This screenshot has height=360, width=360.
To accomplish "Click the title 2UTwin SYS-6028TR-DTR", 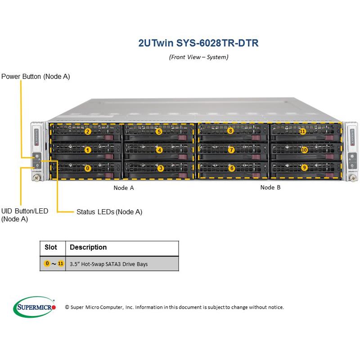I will pos(198,44).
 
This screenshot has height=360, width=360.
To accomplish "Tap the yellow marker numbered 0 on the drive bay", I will pos(88,168).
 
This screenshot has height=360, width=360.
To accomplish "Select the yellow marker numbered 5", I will pos(159,132).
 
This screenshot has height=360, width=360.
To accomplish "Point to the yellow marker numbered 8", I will pos(230,131).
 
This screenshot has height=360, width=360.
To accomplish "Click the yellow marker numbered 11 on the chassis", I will pos(302,131).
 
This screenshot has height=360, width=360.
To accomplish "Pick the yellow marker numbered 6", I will pos(232,168).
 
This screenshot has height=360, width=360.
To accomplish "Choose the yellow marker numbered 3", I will pos(161,168).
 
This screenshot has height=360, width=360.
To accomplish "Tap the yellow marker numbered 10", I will pos(304,149).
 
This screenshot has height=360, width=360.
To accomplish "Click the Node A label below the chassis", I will pos(124,188).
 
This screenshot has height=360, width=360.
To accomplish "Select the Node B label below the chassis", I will pos(270,188).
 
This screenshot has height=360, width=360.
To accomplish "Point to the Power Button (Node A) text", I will pos(36,76).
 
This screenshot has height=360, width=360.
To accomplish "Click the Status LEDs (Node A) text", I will pos(109,211).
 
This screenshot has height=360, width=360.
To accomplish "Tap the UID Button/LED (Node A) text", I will pos(24,215).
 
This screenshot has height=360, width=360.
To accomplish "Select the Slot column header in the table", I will pos(51,247).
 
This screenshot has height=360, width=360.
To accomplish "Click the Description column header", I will pos(88,247).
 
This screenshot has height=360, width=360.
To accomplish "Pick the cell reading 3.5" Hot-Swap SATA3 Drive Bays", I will pos(108,264).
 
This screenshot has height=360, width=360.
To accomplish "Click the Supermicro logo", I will pos(34,307).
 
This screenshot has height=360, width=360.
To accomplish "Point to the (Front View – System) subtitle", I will pos(198,57).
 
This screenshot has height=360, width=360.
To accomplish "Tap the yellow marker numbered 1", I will pos(88,150).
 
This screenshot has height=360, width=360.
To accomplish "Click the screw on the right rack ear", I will pos(353,179).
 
